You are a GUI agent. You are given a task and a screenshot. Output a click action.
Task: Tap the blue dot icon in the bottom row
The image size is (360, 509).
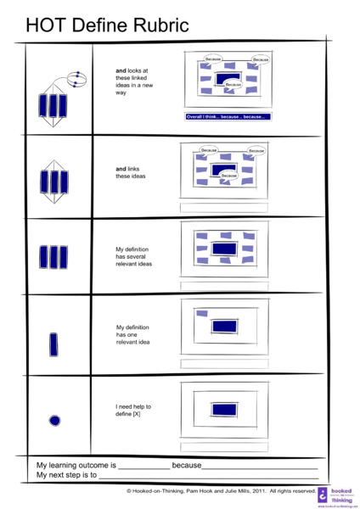55,420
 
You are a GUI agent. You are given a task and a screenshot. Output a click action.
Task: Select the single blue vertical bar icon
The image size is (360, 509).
53,345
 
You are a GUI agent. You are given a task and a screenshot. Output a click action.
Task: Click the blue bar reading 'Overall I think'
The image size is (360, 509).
227,116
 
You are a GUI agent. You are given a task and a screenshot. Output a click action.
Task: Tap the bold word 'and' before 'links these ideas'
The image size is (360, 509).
121,169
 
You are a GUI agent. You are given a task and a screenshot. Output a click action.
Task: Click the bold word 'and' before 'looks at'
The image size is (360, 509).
121,70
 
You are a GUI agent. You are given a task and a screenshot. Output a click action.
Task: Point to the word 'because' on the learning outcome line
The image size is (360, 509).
186,466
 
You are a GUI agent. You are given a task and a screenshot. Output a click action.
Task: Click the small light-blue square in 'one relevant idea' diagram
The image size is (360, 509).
202,314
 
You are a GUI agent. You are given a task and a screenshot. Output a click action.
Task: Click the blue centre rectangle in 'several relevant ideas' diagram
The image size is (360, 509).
224,249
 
